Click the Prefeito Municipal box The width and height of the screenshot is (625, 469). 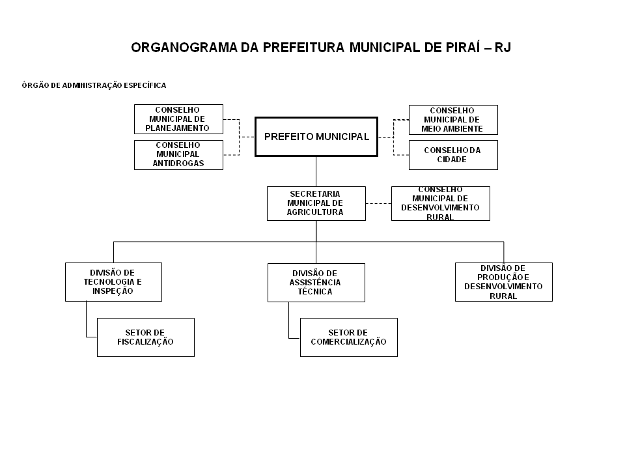pyautogui.click(x=316, y=137)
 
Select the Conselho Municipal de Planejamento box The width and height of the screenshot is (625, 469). pyautogui.click(x=178, y=119)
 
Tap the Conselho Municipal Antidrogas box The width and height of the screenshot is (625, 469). pyautogui.click(x=178, y=155)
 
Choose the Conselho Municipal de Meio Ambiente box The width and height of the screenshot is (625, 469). pyautogui.click(x=453, y=120)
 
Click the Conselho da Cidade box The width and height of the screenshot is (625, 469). pyautogui.click(x=453, y=155)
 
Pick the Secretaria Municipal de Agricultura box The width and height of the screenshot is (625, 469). pyautogui.click(x=316, y=203)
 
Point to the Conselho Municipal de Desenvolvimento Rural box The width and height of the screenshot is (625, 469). pyautogui.click(x=441, y=203)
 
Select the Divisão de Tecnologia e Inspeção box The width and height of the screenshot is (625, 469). pyautogui.click(x=113, y=282)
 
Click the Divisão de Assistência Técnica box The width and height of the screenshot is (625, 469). pyautogui.click(x=316, y=282)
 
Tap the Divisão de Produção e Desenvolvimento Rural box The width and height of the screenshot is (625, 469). pyautogui.click(x=504, y=282)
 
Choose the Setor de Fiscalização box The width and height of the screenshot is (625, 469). pyautogui.click(x=146, y=337)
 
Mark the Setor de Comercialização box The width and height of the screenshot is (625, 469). pyautogui.click(x=349, y=337)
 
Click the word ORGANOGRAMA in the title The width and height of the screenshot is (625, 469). pyautogui.click(x=184, y=48)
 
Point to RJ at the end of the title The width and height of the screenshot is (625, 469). pyautogui.click(x=503, y=48)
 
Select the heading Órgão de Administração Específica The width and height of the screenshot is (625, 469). pyautogui.click(x=94, y=85)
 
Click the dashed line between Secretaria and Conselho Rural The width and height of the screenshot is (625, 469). pyautogui.click(x=379, y=203)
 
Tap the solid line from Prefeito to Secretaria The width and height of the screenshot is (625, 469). pyautogui.click(x=316, y=171)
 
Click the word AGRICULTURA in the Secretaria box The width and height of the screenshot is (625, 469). pyautogui.click(x=315, y=212)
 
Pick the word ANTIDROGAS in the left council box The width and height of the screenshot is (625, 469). pyautogui.click(x=178, y=163)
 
